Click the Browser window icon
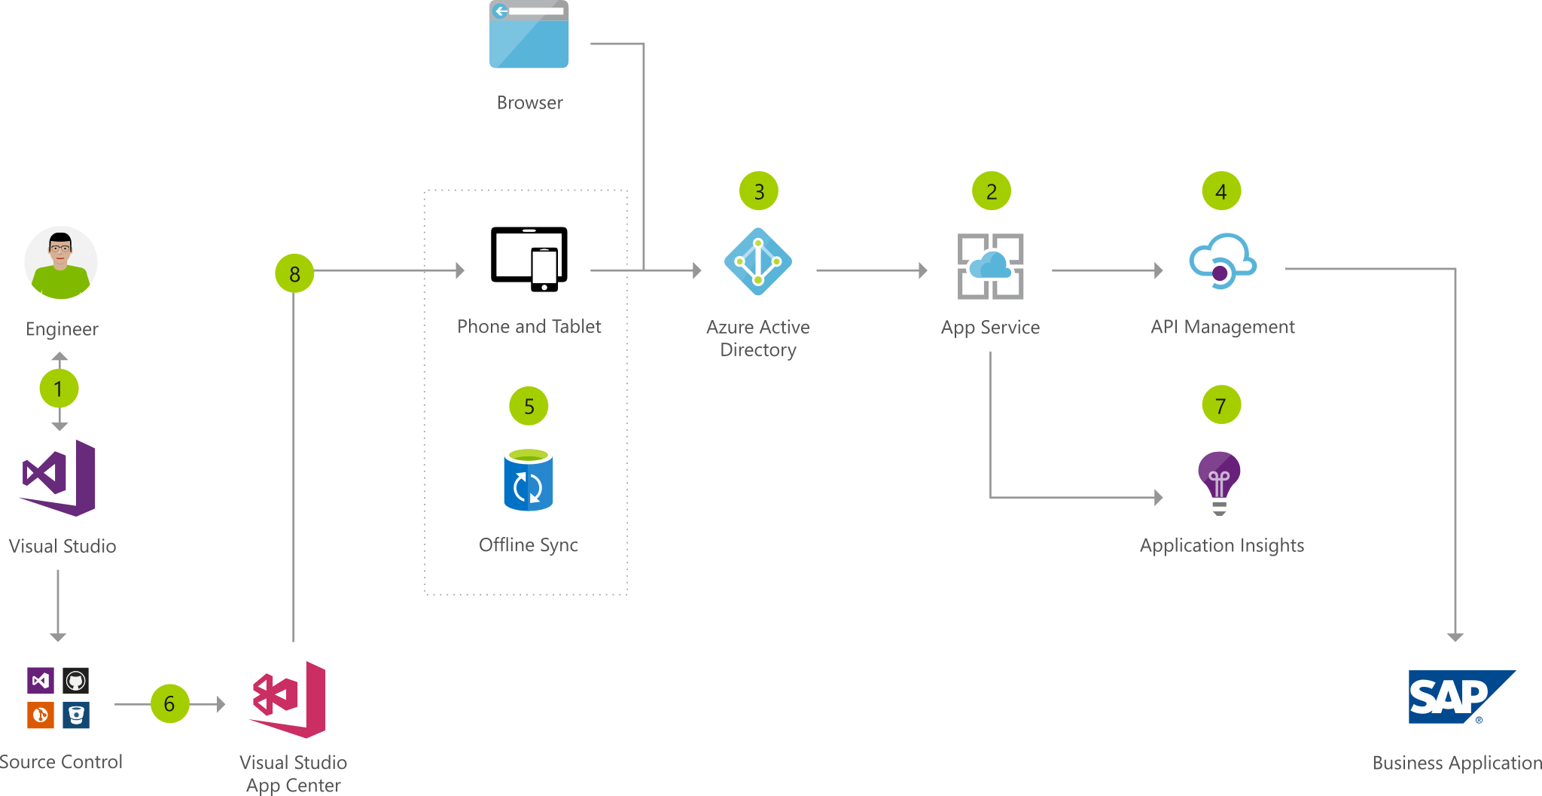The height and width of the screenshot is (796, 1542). pos(529,34)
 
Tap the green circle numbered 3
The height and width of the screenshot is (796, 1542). pos(758,191)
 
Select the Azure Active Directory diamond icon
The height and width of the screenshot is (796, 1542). pos(757,262)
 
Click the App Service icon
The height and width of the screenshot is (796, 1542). pos(990,266)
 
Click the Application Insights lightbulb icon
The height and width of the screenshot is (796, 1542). pos(1219,480)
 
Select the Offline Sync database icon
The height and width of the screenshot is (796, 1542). pos(528,480)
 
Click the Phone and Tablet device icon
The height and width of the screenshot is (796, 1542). pos(529,258)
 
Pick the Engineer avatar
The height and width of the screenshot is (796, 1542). pos(61,263)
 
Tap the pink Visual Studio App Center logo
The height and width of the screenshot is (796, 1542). pos(289,699)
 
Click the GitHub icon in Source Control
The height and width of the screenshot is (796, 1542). pos(75,681)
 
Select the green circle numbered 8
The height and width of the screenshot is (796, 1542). pos(294,273)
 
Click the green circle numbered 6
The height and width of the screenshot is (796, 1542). pos(169,703)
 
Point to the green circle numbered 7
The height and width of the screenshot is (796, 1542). pos(1220,405)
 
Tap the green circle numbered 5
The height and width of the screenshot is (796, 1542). pos(529,406)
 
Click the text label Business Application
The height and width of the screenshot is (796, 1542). pos(1456,762)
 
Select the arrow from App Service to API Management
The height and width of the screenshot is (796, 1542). pos(1107,270)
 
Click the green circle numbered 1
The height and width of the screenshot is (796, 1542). pos(59,389)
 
